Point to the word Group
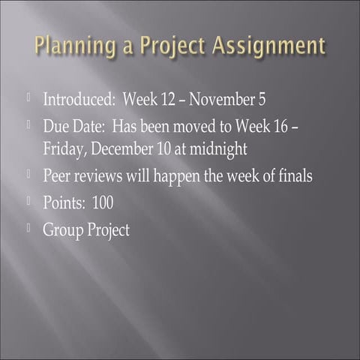61,229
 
